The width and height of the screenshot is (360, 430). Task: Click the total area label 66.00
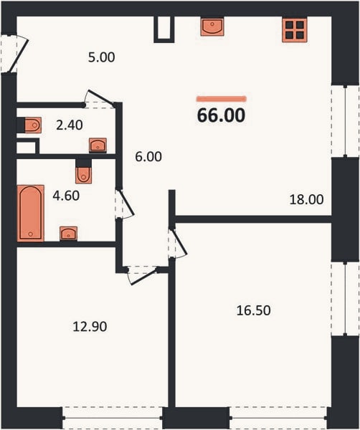(221, 115)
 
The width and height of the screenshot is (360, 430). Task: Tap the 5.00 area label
(102, 57)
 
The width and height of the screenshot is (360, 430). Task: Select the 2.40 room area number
(70, 125)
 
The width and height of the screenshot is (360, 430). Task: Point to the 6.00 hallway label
(148, 156)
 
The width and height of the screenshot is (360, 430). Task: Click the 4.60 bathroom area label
(66, 196)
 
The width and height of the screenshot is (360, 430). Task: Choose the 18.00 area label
(306, 199)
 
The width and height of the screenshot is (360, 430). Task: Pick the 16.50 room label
(254, 310)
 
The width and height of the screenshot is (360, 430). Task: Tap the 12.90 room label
(90, 327)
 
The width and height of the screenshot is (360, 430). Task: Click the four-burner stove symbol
(295, 29)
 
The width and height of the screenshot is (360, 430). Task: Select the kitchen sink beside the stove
(212, 27)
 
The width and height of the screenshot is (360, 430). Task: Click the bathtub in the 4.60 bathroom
(30, 213)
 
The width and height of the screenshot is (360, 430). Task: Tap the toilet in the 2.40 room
(33, 125)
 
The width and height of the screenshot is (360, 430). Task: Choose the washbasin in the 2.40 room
(98, 145)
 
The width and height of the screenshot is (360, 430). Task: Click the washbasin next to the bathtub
(68, 234)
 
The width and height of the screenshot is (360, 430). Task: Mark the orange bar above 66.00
(221, 99)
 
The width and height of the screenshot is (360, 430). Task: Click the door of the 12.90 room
(143, 276)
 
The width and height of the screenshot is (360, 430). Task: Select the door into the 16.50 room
(179, 243)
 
